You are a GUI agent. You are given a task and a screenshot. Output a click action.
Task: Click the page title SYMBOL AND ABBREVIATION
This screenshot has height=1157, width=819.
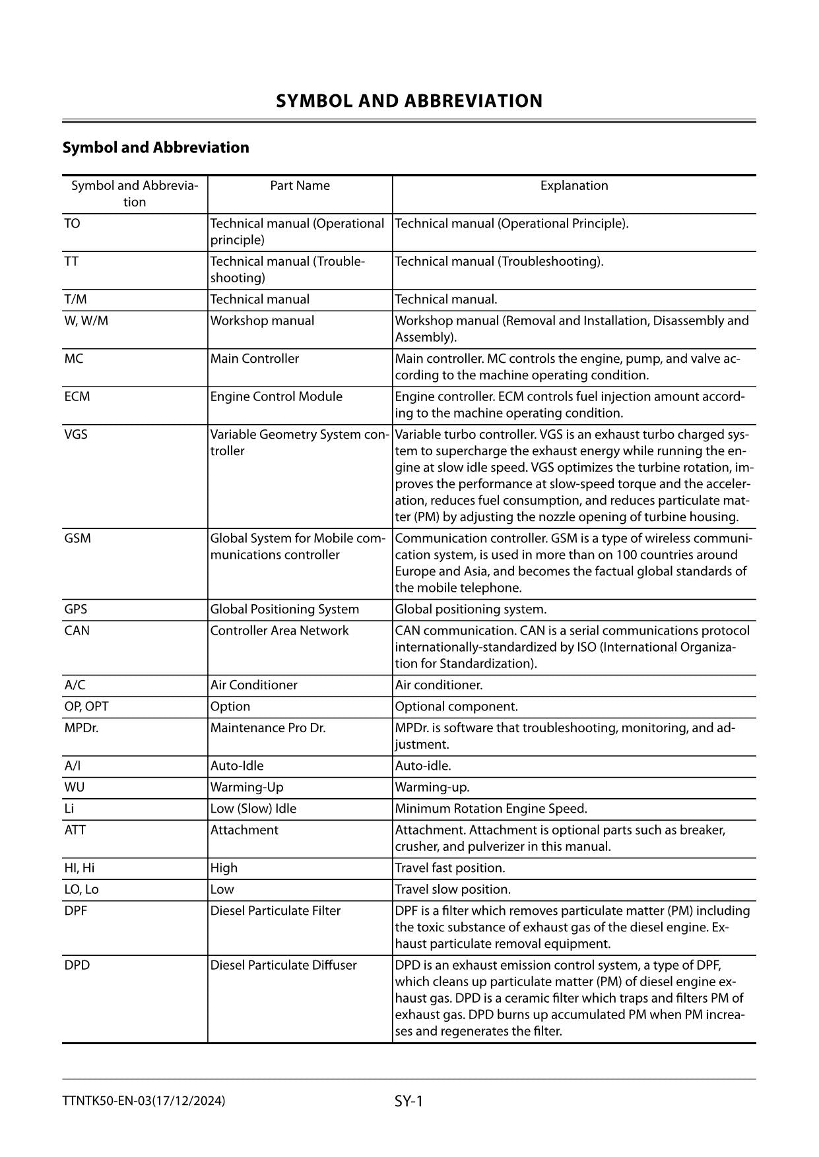(409, 101)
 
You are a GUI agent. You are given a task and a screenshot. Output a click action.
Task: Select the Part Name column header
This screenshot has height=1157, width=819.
(300, 186)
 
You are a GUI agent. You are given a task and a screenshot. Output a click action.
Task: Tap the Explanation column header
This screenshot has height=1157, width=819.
(573, 186)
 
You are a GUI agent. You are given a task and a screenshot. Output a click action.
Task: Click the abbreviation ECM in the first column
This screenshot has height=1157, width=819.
(77, 397)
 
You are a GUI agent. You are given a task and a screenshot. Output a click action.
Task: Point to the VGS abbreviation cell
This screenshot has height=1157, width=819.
(76, 435)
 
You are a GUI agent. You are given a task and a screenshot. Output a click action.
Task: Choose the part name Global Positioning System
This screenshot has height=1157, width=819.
(284, 610)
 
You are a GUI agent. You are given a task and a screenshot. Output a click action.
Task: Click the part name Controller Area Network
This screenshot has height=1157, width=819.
(279, 631)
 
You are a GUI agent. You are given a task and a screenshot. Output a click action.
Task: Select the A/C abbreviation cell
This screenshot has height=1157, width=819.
(75, 685)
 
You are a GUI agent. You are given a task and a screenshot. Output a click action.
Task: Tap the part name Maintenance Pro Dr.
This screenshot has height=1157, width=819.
(268, 728)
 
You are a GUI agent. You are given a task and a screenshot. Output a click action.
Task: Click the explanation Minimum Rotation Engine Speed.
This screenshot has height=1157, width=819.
(490, 809)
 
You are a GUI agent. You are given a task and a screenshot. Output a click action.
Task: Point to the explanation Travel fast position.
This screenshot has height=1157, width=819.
(450, 868)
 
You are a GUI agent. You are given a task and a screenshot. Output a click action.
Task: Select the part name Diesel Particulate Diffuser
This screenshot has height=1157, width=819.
(283, 966)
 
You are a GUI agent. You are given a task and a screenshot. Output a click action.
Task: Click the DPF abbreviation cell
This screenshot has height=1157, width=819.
(76, 911)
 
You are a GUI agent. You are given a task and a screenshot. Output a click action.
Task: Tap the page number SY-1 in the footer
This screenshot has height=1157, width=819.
(409, 1101)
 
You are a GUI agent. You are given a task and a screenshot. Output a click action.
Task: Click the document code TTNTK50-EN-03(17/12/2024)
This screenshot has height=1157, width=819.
(144, 1101)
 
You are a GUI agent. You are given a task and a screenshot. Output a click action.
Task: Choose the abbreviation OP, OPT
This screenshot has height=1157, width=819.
(86, 706)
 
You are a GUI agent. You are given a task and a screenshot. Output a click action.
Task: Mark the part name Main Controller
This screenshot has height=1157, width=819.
(254, 359)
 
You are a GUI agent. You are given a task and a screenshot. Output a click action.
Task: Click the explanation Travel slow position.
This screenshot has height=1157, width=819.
(453, 890)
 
